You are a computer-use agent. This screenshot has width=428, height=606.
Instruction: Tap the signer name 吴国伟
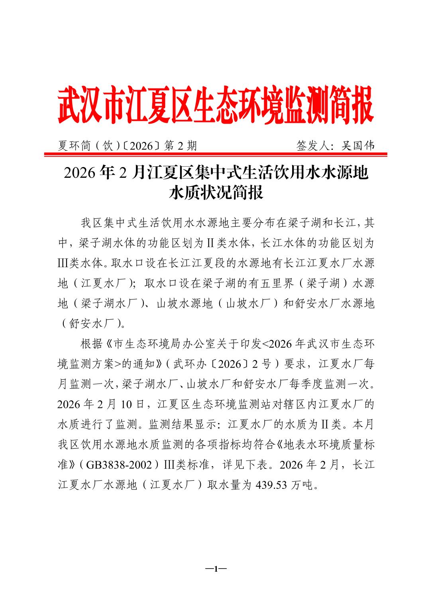tap(358, 146)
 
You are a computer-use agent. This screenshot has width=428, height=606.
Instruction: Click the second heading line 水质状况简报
tap(216, 193)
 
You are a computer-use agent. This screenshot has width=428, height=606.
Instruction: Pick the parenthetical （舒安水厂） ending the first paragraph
tap(90, 324)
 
